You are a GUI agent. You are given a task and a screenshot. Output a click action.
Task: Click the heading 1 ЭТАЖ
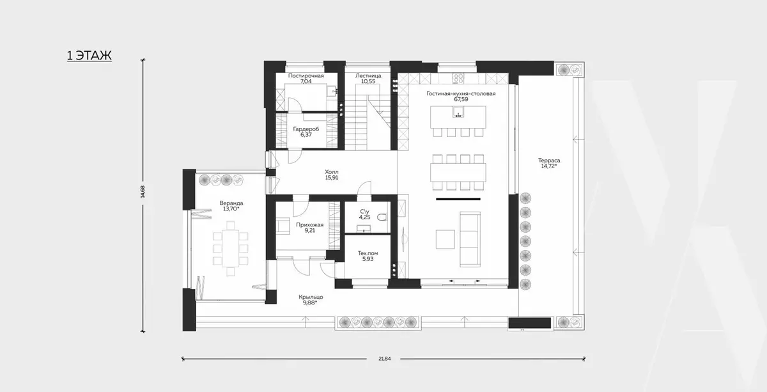click(89, 56)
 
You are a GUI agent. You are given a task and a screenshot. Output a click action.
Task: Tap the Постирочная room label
click(306, 75)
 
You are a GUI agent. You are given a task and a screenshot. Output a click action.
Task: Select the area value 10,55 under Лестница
click(368, 82)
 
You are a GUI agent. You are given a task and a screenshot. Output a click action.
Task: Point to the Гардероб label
click(306, 129)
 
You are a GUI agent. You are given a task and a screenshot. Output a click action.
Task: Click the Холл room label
click(332, 171)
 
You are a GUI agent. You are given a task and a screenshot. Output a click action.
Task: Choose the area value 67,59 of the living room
click(461, 99)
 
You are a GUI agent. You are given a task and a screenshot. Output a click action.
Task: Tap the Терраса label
click(549, 161)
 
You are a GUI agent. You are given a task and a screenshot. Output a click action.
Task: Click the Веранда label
click(231, 203)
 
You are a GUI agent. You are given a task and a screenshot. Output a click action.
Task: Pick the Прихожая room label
click(309, 225)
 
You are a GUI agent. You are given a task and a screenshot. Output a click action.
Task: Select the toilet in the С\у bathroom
click(383, 217)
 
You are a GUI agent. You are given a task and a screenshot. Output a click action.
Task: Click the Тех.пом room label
click(368, 253)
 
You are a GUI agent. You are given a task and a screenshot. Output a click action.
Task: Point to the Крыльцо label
click(311, 297)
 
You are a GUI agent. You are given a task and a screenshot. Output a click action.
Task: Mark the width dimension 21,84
click(385, 359)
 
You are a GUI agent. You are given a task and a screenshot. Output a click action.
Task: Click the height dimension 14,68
click(143, 192)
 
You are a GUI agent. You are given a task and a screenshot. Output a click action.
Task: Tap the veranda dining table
click(231, 249)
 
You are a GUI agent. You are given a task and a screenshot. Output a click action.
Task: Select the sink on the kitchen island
click(458, 112)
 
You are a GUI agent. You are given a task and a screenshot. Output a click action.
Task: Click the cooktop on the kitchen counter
click(458, 79)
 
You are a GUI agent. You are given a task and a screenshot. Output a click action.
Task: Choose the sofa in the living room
click(470, 239)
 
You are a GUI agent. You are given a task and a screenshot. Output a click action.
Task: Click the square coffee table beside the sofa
click(445, 239)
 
